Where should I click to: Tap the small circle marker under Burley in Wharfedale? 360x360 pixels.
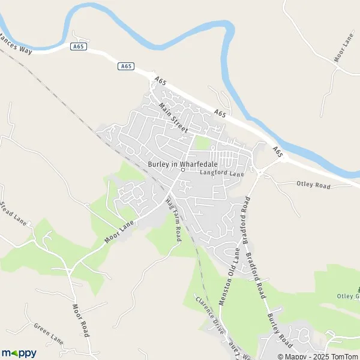(x=183, y=169)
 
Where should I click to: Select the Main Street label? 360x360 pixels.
(x=174, y=118)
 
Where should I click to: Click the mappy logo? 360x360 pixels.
(x=19, y=353)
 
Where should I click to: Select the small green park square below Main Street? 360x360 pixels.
(x=202, y=143)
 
